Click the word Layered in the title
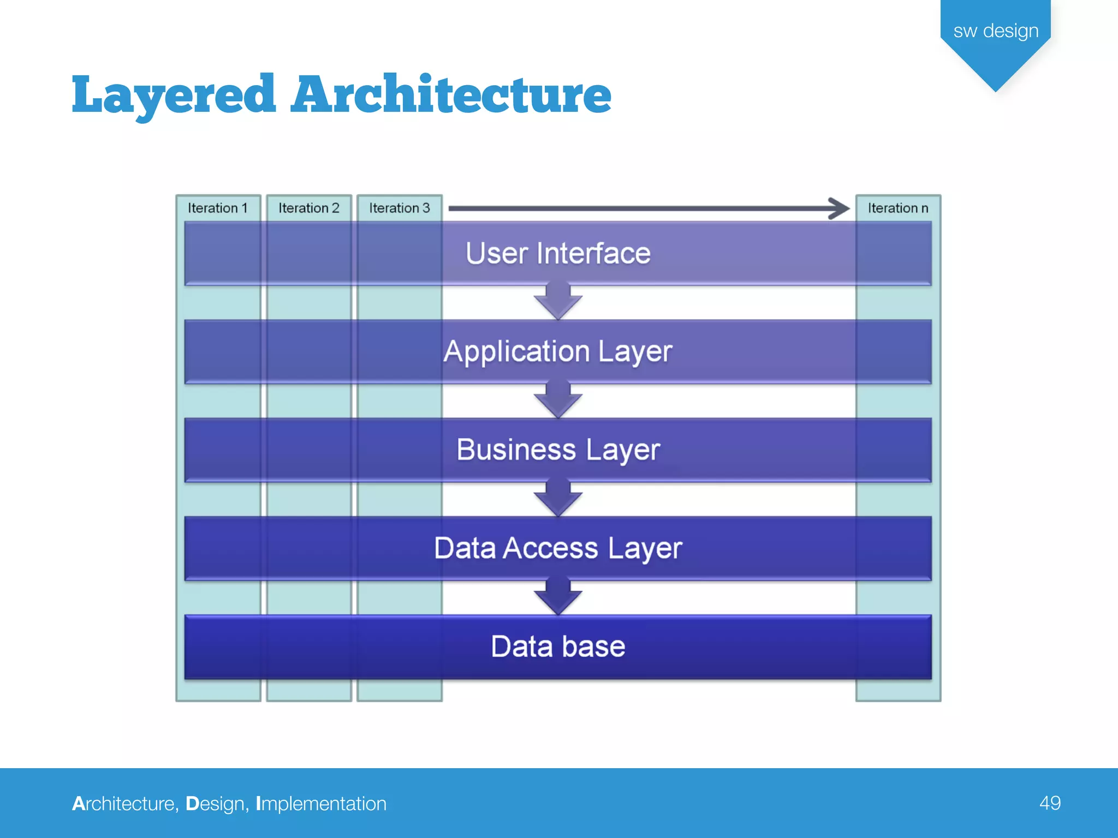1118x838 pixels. [174, 95]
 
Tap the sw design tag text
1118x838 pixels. [996, 31]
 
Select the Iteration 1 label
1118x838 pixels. [218, 208]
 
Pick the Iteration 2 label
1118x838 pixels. [308, 208]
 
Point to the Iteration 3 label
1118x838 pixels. [399, 208]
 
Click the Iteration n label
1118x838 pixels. [898, 208]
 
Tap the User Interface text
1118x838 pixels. [558, 254]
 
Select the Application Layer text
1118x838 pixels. [558, 352]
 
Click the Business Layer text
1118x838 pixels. [558, 450]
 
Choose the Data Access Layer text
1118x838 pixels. [558, 548]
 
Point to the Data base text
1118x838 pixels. [558, 647]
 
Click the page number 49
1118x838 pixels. [1050, 803]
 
